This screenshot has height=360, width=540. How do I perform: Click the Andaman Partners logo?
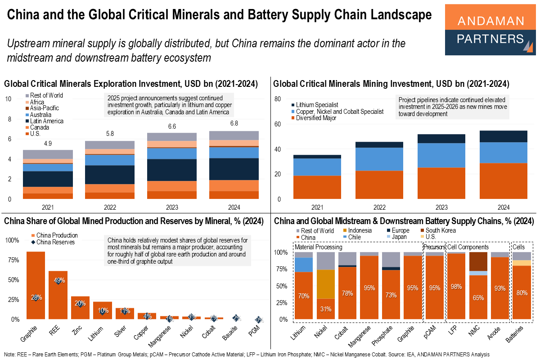(x=490, y=30)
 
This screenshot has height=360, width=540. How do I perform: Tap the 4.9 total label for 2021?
(x=48, y=144)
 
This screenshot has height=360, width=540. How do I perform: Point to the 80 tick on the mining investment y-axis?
(x=277, y=99)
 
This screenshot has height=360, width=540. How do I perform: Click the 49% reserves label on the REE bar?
(x=59, y=280)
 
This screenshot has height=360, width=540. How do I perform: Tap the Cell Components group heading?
(x=468, y=247)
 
